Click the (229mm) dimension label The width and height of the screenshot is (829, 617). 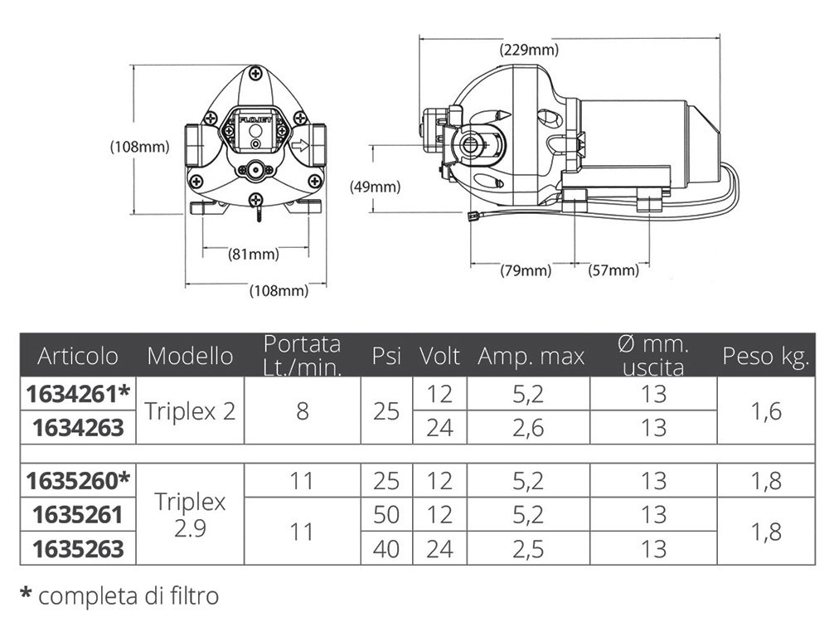coord(529,50)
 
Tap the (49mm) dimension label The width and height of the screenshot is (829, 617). coord(375,187)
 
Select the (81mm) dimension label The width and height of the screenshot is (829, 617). coord(253,255)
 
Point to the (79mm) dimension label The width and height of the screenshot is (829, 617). coord(526,270)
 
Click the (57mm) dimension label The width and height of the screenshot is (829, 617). coord(613,270)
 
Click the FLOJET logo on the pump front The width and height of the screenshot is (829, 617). coord(256,119)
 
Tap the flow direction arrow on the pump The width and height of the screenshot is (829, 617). coord(300,145)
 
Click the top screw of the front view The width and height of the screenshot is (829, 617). coord(255,74)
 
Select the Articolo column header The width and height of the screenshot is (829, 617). coord(78,356)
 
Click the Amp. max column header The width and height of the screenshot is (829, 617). coord(531,357)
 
